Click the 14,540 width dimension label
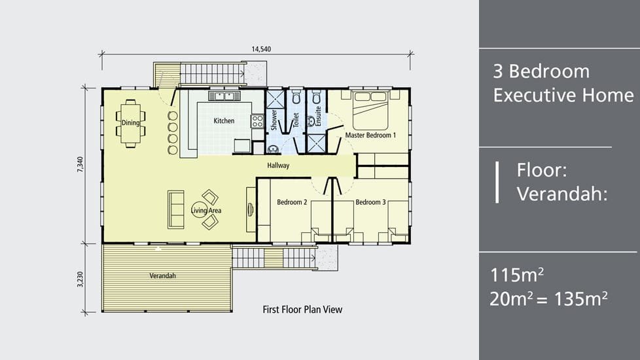click(261, 49)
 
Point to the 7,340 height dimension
click(80, 164)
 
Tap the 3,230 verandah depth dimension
click(80, 279)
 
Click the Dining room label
click(131, 122)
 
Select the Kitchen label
click(224, 121)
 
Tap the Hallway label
click(278, 166)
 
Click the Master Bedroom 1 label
click(370, 135)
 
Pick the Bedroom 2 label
click(292, 202)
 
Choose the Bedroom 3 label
click(370, 202)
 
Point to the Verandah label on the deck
click(162, 276)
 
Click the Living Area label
click(206, 211)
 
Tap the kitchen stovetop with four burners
click(257, 121)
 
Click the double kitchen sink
click(224, 96)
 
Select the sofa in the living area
click(175, 209)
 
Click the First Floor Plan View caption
click(302, 310)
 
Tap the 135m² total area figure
click(580, 298)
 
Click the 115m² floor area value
click(517, 275)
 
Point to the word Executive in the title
click(563, 95)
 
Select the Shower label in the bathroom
click(274, 120)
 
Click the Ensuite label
click(318, 116)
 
